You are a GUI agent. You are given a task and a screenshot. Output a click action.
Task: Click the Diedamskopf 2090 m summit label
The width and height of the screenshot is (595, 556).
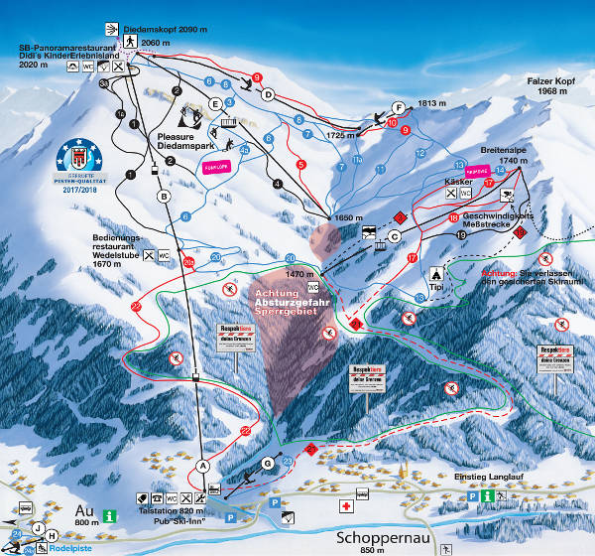point(171,30)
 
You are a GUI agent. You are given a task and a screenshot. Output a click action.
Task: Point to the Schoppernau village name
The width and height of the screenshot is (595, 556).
point(372,538)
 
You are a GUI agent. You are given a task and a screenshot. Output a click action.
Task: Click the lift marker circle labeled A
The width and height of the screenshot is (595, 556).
point(203,465)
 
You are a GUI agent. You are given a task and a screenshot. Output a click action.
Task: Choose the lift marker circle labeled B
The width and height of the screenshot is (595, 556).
point(164,197)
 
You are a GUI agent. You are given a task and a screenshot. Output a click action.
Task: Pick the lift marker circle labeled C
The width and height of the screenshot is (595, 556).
point(394,235)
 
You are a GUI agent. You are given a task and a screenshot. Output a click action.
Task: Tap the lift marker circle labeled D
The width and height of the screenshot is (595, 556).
point(268,94)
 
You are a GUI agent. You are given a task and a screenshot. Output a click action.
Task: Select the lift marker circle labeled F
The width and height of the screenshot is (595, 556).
point(398,107)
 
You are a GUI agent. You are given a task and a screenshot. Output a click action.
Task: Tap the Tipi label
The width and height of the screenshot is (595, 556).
point(434,290)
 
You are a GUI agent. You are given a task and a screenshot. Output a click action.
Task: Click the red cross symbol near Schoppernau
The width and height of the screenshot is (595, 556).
point(345,505)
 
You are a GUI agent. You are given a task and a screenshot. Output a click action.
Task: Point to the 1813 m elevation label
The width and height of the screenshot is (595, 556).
point(428,102)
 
